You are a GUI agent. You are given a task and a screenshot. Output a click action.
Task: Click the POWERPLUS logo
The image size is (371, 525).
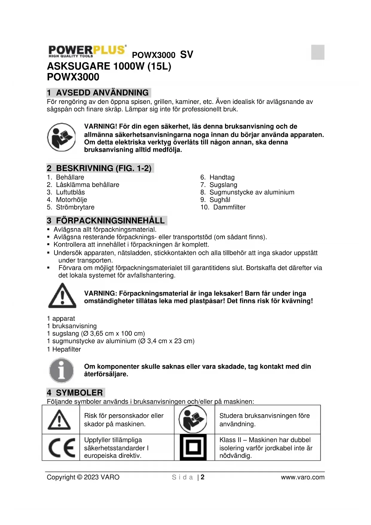click(87, 51)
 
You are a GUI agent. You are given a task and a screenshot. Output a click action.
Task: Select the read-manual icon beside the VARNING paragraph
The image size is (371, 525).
click(62, 137)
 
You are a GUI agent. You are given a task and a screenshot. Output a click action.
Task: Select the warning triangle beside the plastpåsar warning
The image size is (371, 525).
click(62, 296)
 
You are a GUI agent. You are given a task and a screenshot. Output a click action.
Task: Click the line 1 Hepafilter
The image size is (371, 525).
click(64, 349)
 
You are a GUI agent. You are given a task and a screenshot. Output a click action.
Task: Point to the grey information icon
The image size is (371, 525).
click(62, 370)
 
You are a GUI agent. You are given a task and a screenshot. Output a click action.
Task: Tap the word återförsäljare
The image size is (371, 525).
click(106, 374)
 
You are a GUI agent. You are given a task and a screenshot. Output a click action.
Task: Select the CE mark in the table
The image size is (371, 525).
click(62, 447)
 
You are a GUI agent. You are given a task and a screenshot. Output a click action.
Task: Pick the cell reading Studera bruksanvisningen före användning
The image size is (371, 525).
click(264, 420)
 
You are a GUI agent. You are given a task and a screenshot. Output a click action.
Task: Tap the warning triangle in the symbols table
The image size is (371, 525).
click(59, 420)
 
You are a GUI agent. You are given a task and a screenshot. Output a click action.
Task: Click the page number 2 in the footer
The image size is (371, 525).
click(203, 477)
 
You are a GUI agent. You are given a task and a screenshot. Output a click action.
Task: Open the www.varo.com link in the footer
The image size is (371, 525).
click(302, 477)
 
